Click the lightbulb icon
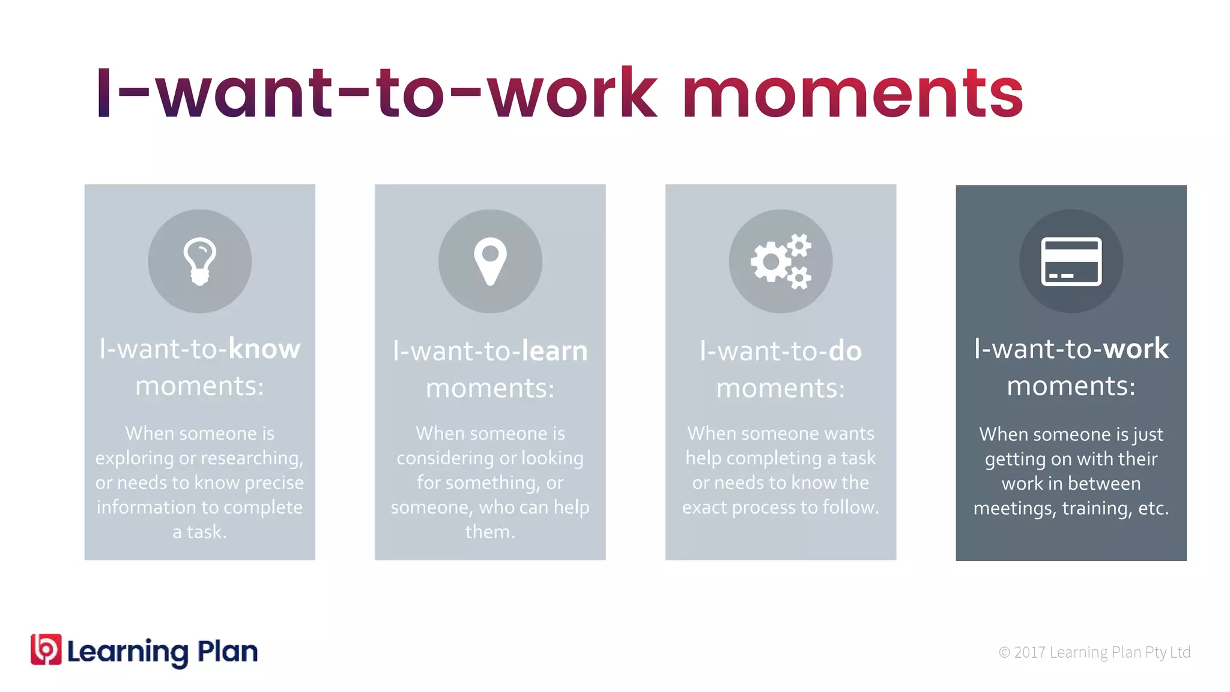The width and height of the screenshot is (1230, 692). click(199, 261)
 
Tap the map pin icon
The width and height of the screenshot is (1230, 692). click(490, 261)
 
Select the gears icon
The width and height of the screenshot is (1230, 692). click(781, 261)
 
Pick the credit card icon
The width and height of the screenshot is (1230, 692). click(1071, 261)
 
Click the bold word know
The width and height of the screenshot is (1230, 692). click(264, 349)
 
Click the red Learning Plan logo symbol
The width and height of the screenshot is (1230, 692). click(46, 649)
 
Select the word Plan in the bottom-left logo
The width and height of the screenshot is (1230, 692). click(228, 651)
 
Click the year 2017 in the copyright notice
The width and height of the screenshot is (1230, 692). click(1029, 652)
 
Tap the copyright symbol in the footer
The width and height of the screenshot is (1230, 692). click(1004, 652)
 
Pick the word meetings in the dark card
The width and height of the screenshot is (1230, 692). click(1014, 509)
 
